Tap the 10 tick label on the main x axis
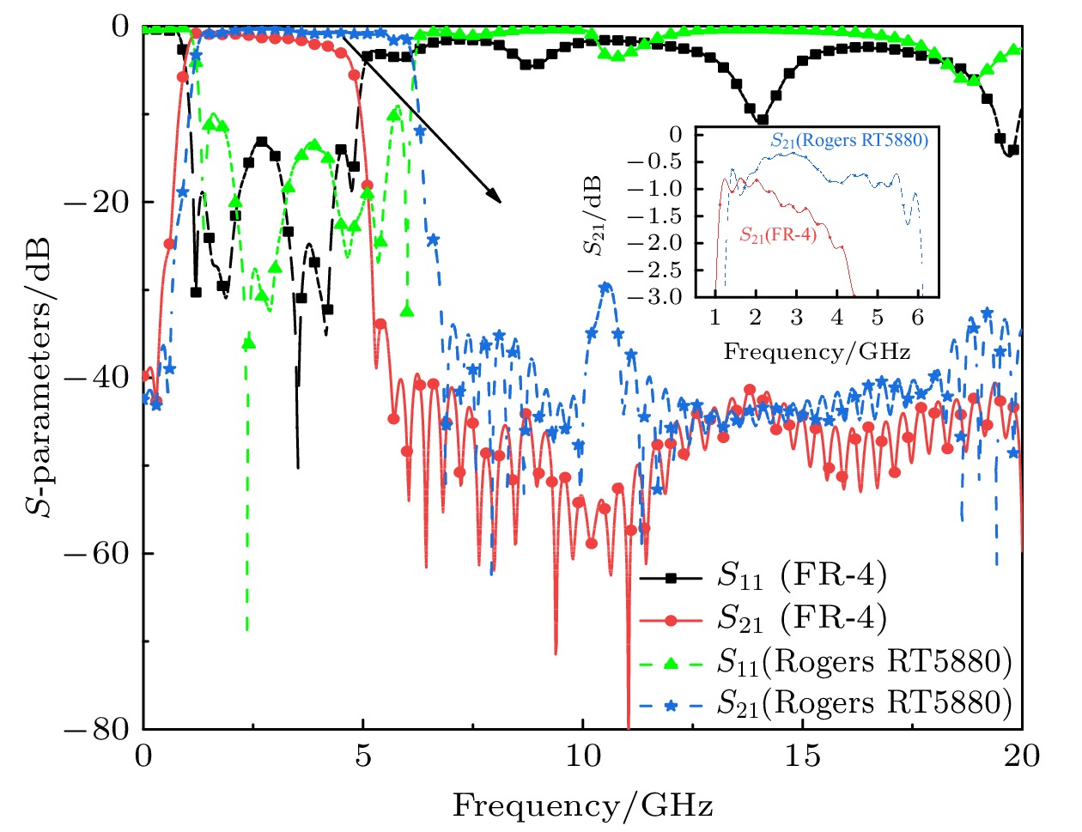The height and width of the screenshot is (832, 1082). click(583, 756)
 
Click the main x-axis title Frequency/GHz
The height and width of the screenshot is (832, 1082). click(583, 806)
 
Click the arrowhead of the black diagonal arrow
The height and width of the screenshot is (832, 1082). click(495, 198)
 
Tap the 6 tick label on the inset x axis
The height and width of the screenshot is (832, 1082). click(918, 318)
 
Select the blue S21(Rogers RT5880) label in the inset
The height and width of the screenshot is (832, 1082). click(849, 140)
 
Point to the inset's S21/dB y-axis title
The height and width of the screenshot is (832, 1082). click(593, 216)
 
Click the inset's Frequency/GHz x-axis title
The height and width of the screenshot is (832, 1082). click(817, 351)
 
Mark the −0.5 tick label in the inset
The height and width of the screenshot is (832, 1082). click(658, 162)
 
